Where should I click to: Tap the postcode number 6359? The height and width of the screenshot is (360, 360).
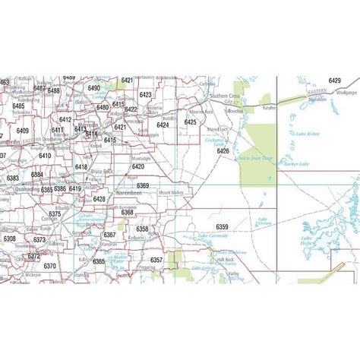[222, 227]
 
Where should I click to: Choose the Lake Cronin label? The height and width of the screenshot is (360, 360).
[264, 221]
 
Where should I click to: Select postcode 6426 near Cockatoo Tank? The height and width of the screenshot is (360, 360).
[223, 151]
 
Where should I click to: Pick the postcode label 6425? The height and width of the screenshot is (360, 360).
[190, 122]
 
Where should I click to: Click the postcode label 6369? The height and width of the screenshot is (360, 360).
[143, 185]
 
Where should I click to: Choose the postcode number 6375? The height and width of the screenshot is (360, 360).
[54, 214]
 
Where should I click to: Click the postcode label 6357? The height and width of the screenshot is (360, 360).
[156, 261]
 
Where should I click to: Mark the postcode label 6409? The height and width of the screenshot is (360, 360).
[22, 131]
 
